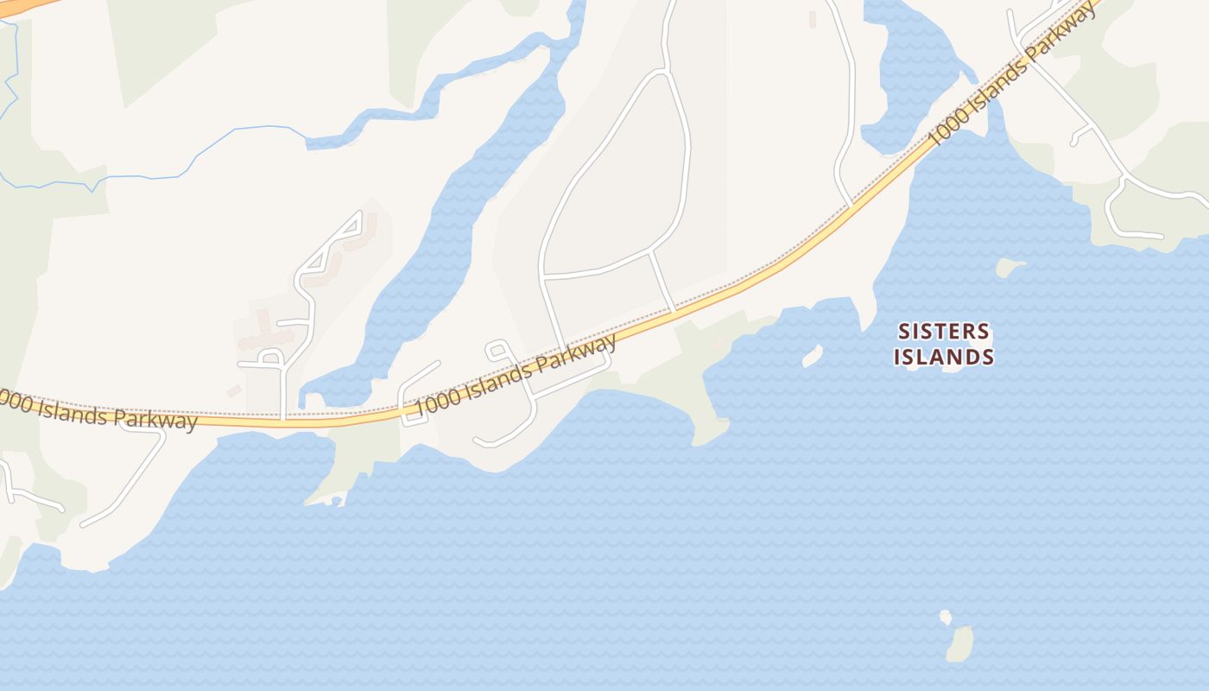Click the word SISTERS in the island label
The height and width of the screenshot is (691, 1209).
(943, 332)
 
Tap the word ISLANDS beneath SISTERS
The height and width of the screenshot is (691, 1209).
(943, 356)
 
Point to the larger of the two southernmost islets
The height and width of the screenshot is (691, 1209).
(959, 644)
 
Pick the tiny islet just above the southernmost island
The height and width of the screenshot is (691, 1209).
(946, 617)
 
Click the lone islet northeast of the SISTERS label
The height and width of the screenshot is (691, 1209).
(1009, 267)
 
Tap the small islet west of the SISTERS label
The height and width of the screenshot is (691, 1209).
(812, 355)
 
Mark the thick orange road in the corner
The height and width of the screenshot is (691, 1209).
(26, 5)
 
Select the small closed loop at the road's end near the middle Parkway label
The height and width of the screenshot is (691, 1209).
(497, 349)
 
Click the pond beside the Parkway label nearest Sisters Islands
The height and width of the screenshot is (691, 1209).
(915, 78)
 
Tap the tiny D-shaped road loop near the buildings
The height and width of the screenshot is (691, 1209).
(271, 358)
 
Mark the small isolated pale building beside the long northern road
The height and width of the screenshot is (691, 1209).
(812, 18)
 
